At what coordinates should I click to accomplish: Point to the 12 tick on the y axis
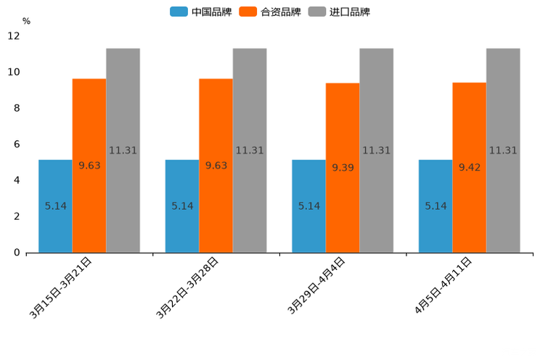point(14,36)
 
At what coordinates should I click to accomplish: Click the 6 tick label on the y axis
point(17,144)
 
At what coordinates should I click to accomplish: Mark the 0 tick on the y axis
point(17,253)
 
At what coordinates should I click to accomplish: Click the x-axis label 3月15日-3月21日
point(61,287)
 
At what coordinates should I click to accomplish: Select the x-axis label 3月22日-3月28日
point(188,287)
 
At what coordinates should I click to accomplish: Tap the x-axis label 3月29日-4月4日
point(316,285)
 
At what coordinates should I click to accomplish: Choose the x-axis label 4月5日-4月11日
point(443,285)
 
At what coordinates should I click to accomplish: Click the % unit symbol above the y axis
point(26,22)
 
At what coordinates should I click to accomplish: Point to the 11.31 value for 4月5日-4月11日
point(503,150)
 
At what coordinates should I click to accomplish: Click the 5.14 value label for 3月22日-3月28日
point(182,206)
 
